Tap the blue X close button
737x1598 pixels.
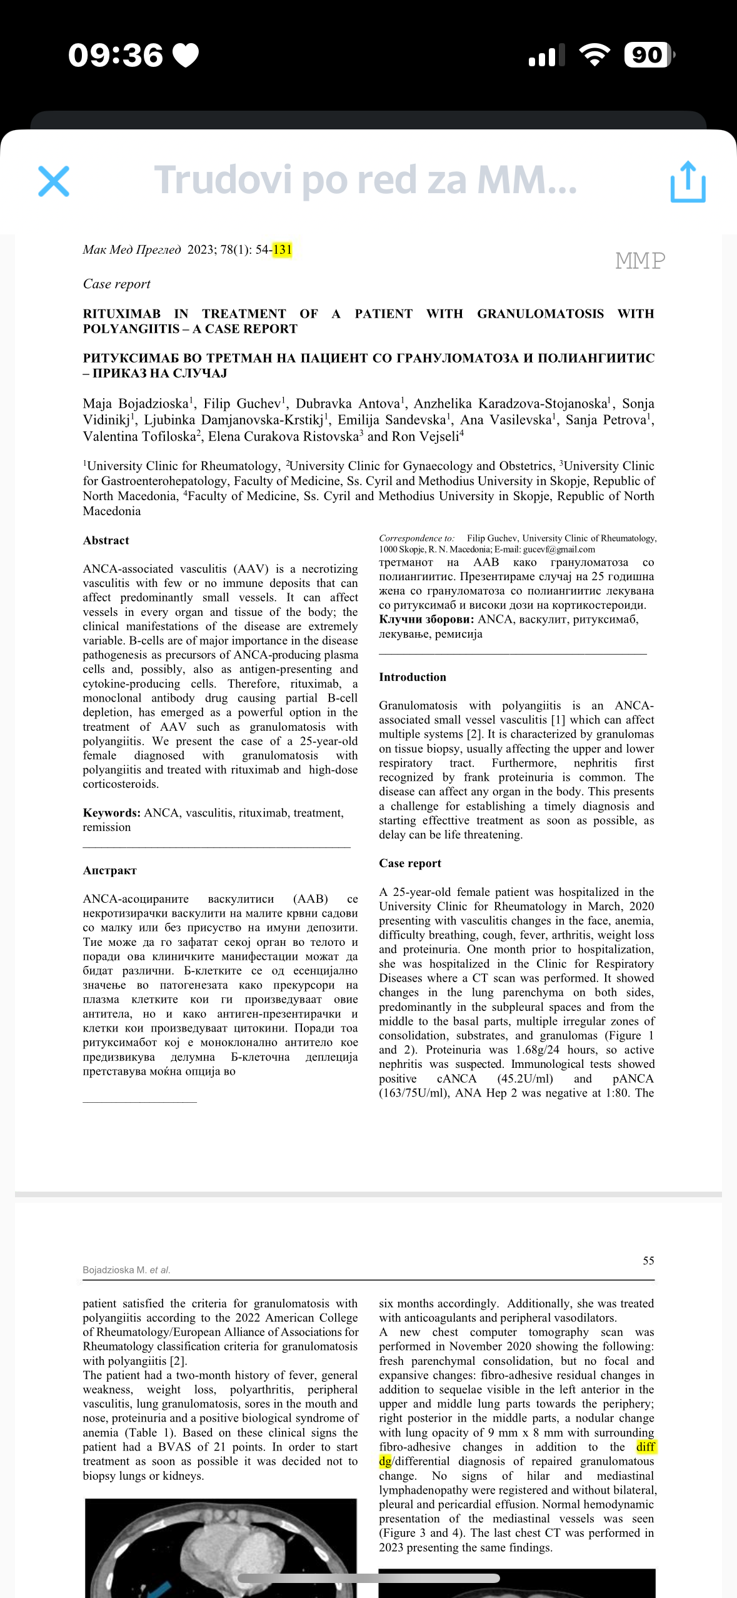coord(54,181)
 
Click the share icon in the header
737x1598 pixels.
coord(688,182)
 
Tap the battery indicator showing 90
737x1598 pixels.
coord(648,55)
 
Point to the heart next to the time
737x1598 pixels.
coord(186,56)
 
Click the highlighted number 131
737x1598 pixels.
coord(283,250)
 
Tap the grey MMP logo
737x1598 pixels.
coord(640,261)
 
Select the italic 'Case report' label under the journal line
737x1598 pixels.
coord(117,284)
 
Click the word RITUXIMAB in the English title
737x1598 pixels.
coord(122,314)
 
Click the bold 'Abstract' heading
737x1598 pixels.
coord(106,541)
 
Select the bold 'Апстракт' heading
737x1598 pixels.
coord(110,870)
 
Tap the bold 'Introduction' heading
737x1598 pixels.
coord(413,677)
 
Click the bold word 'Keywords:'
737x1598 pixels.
coord(112,813)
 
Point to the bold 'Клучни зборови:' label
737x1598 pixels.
coord(427,620)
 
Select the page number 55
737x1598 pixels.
coord(648,1260)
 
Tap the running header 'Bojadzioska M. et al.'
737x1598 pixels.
coord(126,1270)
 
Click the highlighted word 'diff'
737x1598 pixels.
coord(646,1447)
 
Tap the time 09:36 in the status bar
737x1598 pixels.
coord(116,56)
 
